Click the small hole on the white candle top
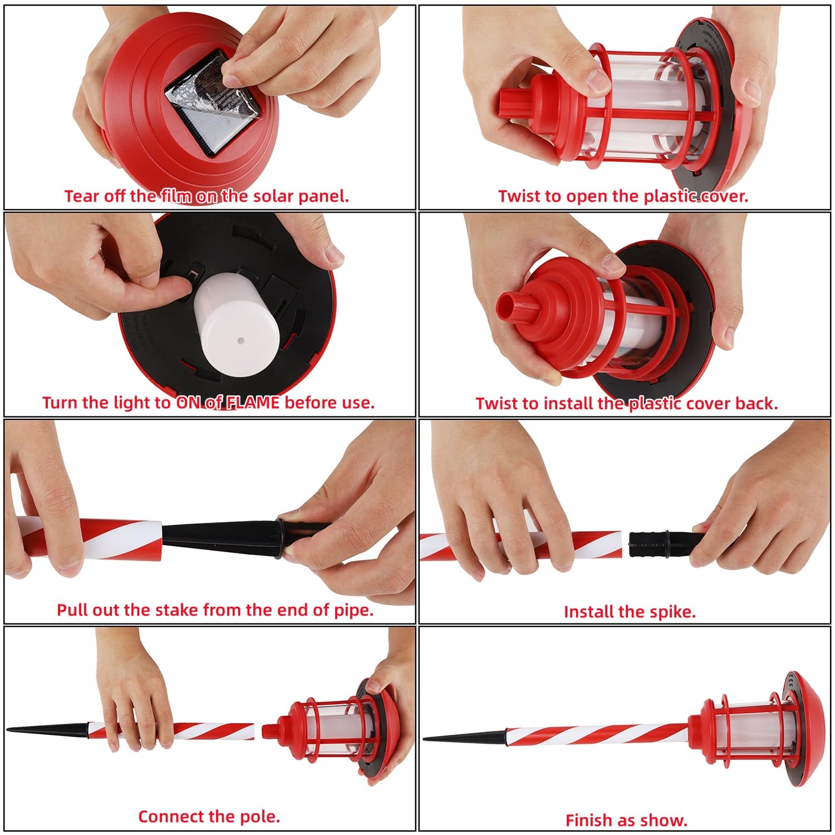240,339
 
